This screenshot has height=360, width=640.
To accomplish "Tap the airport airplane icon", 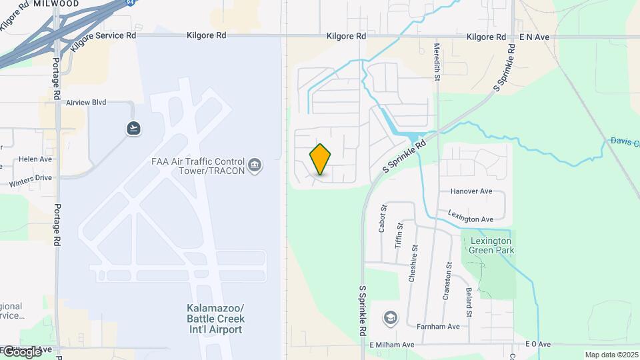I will pos(134,127).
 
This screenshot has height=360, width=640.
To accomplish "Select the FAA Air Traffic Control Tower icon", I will pos(255,165).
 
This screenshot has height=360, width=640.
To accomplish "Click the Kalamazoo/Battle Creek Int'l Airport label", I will pos(215,319).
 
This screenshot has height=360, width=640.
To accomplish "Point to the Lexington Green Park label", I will pos(491,245).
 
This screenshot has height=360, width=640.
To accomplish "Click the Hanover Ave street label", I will pos(471,191).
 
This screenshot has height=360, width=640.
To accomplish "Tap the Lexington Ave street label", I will pos(470,219).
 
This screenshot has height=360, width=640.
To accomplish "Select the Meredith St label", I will pos(437,63).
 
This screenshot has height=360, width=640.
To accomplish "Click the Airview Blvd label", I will pos(86,103).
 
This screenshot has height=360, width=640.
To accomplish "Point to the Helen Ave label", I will pos(35,159).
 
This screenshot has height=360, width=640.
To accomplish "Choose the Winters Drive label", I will pos(30,178).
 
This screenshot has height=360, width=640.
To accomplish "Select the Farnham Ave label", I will pos(438,327).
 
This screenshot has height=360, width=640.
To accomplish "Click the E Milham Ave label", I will pos(392,345).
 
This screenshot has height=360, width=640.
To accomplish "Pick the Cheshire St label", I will pos(414,264).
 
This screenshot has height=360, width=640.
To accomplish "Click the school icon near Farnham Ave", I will pos(390,318).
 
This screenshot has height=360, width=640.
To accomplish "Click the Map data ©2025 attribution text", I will pos(611,355).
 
